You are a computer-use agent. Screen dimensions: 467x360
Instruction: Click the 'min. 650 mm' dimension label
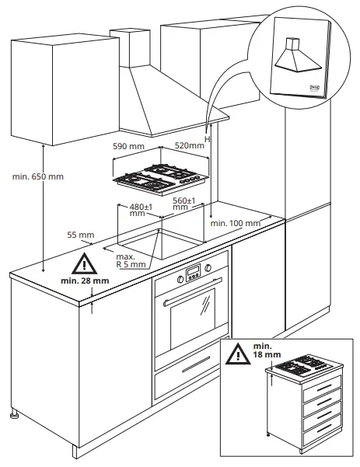pos(37,177)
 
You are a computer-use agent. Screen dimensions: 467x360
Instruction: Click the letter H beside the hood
pos(207,138)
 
